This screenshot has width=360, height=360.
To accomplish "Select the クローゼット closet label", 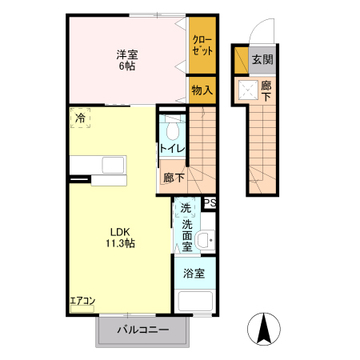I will point(202,44).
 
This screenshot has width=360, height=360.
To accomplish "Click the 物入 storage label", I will point(202,90).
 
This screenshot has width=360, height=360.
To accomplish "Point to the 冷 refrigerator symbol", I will point(80,118).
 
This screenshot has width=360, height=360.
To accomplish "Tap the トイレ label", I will point(172,149).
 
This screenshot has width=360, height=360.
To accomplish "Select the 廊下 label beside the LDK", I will point(174,178).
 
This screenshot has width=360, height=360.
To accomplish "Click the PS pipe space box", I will point(210,203).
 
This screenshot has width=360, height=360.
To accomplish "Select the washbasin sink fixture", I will point(204,238).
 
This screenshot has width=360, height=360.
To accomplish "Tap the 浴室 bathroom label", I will point(193,273).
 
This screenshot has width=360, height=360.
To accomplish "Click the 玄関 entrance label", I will point(262,59).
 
